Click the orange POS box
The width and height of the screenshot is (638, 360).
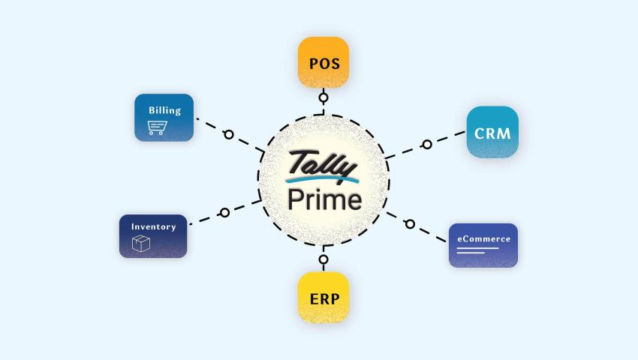[x=324, y=63]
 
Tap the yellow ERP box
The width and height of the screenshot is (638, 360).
[x=324, y=298]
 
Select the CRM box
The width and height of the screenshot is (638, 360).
[x=492, y=133]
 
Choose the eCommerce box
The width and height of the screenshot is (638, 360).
[x=483, y=245]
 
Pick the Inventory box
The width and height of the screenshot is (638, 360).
[x=153, y=236]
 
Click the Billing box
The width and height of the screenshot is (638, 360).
[x=164, y=118]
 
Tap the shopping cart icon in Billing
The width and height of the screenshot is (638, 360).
[x=157, y=129]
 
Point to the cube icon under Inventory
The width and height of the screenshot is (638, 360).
[x=141, y=244]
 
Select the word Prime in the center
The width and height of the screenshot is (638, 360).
[x=324, y=199]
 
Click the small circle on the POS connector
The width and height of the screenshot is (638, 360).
[x=324, y=97]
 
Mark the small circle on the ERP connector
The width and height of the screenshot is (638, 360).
[x=324, y=259]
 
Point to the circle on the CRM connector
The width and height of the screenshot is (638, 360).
[x=426, y=144]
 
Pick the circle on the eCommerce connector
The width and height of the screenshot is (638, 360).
[x=410, y=223]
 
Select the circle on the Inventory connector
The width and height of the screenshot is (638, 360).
[x=224, y=213]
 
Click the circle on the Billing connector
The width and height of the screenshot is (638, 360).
[x=228, y=135]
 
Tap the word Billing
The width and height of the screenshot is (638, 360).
[x=164, y=110]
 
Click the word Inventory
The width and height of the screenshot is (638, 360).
[x=153, y=226]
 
